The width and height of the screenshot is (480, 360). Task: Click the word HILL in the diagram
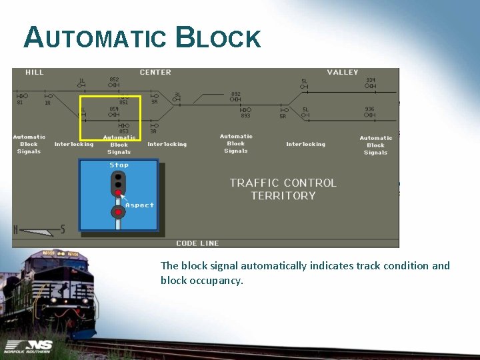point(35,72)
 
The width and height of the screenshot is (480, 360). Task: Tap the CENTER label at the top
point(155,72)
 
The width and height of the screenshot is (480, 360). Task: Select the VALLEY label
point(343,72)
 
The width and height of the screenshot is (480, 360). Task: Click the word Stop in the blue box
point(119,165)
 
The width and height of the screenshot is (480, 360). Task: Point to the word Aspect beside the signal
point(139,205)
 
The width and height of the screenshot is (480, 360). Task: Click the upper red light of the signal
point(118,193)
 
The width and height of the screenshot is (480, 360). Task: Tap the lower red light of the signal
point(118,213)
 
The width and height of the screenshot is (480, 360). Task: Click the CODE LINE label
point(197,243)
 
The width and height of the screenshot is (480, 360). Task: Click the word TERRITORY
point(283,195)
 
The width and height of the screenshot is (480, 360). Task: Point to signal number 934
point(371,80)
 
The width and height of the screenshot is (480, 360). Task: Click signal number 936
point(370,109)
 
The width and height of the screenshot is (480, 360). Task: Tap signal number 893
point(245,115)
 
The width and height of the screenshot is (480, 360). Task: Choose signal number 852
point(114,79)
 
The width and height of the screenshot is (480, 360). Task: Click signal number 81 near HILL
point(19,102)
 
